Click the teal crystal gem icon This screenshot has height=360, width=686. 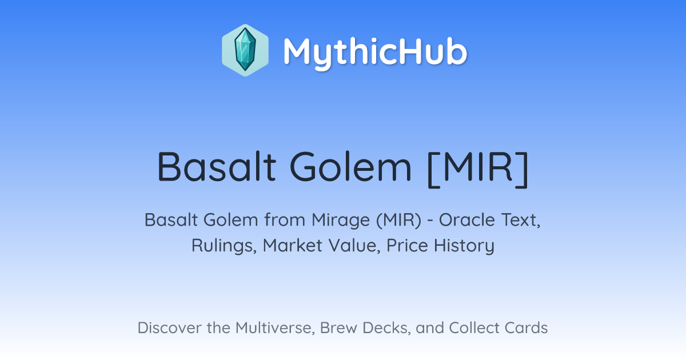(245, 50)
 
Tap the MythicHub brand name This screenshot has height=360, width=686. (375, 52)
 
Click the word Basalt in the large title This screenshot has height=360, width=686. (217, 167)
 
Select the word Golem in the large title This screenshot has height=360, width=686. (350, 167)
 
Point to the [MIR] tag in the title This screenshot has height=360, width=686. (478, 169)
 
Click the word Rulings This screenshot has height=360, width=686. (224, 246)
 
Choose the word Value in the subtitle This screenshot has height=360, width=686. (354, 246)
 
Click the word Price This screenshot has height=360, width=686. (407, 246)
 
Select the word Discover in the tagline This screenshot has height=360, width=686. (169, 328)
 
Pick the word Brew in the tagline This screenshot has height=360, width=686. (338, 328)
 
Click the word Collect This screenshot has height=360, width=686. (474, 328)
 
